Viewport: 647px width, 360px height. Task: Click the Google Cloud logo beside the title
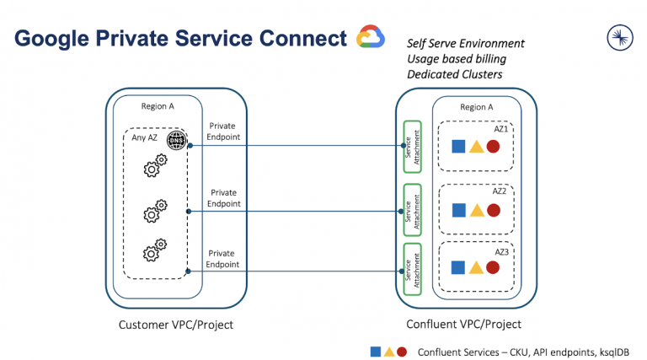(x=371, y=38)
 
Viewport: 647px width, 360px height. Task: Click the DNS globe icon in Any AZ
(x=176, y=140)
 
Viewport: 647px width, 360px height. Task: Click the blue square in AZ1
(x=458, y=147)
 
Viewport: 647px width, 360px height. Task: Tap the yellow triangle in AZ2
(x=476, y=208)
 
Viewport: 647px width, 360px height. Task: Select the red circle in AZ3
(x=494, y=268)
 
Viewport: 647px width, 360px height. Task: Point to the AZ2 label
(x=500, y=191)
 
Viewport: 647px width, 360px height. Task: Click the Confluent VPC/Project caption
(x=463, y=325)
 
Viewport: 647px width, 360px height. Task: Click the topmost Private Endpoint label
(x=223, y=132)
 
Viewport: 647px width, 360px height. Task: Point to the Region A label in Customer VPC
(x=158, y=107)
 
